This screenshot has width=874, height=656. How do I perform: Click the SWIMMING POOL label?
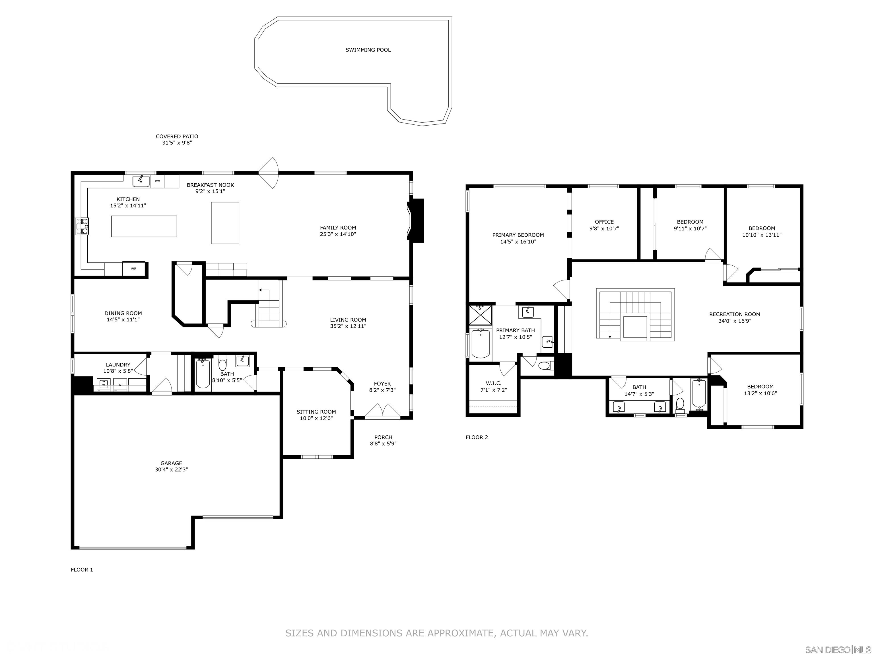click(x=368, y=50)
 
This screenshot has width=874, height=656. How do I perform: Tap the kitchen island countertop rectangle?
click(x=144, y=226)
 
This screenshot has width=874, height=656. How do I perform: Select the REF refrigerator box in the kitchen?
click(x=133, y=268)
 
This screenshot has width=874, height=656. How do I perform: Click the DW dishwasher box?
click(x=157, y=181)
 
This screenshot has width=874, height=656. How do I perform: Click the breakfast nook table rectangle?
click(x=225, y=223)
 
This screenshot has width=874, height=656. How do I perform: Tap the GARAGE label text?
click(x=171, y=463)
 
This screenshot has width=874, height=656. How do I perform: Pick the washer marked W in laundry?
click(x=104, y=384)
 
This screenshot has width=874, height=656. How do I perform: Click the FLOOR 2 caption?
click(x=477, y=437)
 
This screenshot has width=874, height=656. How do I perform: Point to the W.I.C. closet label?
click(x=494, y=383)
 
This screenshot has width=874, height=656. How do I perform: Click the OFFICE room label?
click(x=604, y=222)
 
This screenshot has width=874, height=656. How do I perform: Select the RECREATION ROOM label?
click(x=735, y=314)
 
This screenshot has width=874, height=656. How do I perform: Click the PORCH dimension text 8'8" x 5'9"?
click(x=383, y=444)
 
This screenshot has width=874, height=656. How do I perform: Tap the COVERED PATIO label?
click(x=177, y=136)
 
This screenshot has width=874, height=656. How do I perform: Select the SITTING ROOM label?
click(x=316, y=412)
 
